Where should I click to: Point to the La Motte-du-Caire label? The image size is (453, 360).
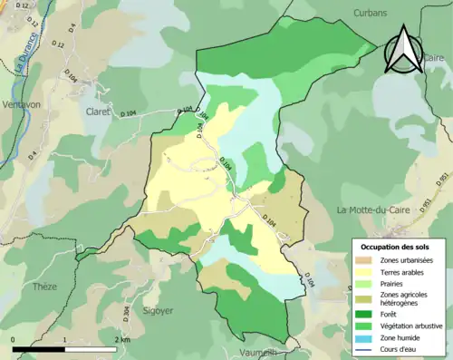[x=374, y=210]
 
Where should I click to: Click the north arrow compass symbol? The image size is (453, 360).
[x=402, y=51]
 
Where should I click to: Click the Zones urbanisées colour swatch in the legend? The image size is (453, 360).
[x=365, y=261]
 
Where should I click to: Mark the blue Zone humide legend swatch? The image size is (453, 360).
[x=365, y=336]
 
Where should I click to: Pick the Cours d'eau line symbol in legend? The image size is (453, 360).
[x=365, y=347]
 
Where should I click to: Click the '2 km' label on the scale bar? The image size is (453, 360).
[x=121, y=340]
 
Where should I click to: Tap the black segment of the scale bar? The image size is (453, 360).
[x=39, y=348]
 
